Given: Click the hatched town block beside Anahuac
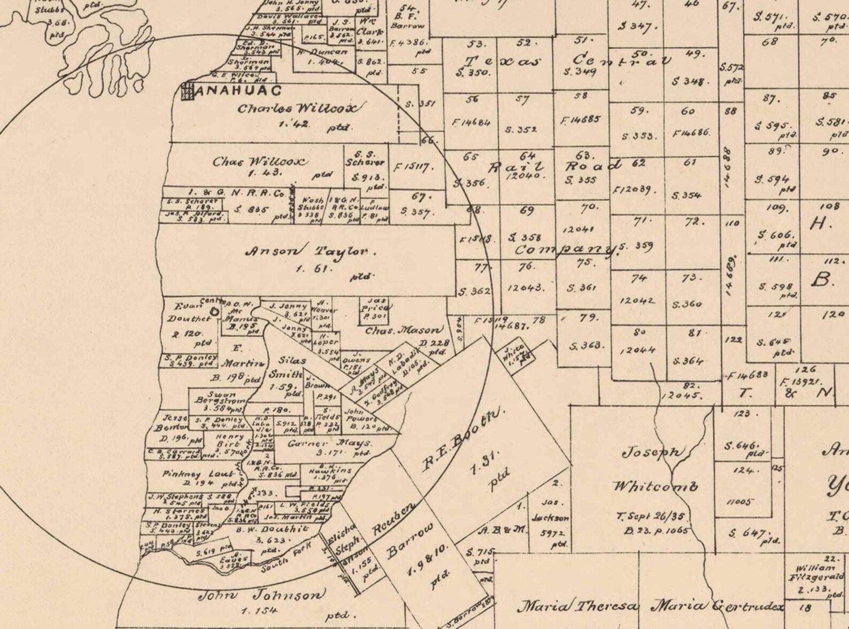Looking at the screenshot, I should pos(187,91).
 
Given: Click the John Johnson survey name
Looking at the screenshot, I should pos(261,595).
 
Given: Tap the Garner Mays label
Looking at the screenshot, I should pos(329,444).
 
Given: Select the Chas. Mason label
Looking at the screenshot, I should pos(404,331).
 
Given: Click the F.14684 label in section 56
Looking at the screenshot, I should pos(471,122).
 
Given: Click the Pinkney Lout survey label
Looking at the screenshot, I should pos(198,474).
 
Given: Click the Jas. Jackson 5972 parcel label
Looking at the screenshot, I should pos(550,518).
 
